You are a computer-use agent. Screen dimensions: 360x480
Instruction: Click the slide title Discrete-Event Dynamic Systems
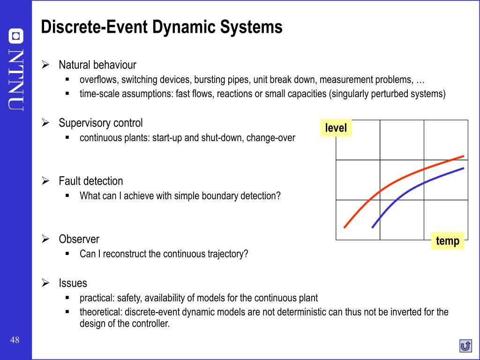point(162,27)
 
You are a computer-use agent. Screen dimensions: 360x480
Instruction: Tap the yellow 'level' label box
point(336,127)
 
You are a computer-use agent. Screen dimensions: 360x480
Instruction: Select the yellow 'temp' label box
point(448,241)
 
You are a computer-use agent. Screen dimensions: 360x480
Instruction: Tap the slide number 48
point(15,340)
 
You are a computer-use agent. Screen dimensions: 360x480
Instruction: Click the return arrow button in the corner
point(465,346)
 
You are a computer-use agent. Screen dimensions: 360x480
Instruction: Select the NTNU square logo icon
point(16,36)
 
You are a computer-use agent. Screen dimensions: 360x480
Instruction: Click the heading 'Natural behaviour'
point(97,65)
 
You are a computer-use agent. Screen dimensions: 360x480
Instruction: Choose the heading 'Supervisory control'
point(101,123)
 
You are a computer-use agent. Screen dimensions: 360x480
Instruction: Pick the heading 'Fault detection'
point(91,181)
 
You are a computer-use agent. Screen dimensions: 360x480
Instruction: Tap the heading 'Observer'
point(79,239)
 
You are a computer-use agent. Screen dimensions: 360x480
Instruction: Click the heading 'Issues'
point(73,283)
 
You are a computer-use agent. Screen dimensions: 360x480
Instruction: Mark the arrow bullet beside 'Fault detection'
point(46,181)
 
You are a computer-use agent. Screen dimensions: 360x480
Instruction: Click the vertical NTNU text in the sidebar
point(16,80)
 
